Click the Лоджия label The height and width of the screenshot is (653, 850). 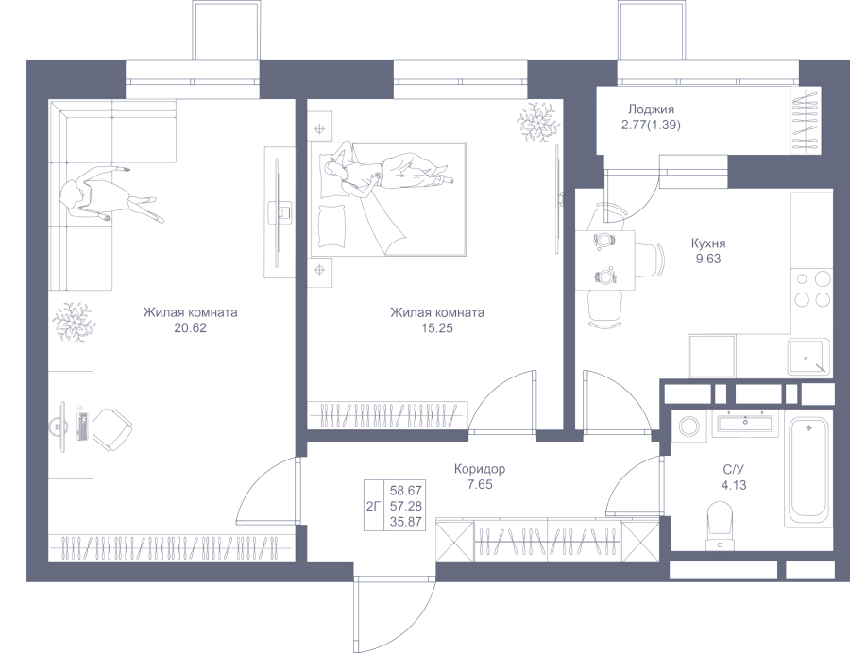[651, 109]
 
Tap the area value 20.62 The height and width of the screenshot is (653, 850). [190, 328]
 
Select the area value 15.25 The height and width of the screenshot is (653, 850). [437, 328]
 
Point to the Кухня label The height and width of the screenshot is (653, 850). [708, 243]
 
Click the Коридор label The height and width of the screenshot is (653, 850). [480, 469]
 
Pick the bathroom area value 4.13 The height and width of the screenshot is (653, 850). [734, 485]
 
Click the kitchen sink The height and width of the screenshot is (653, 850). [808, 357]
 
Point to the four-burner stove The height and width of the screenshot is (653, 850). [811, 289]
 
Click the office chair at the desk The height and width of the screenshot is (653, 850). [111, 429]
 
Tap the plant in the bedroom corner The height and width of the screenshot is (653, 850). [537, 120]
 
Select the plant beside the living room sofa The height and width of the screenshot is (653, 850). [72, 322]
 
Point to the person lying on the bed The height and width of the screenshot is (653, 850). [387, 171]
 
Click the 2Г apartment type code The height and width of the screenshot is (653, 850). [373, 507]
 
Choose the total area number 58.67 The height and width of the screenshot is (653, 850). [406, 491]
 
